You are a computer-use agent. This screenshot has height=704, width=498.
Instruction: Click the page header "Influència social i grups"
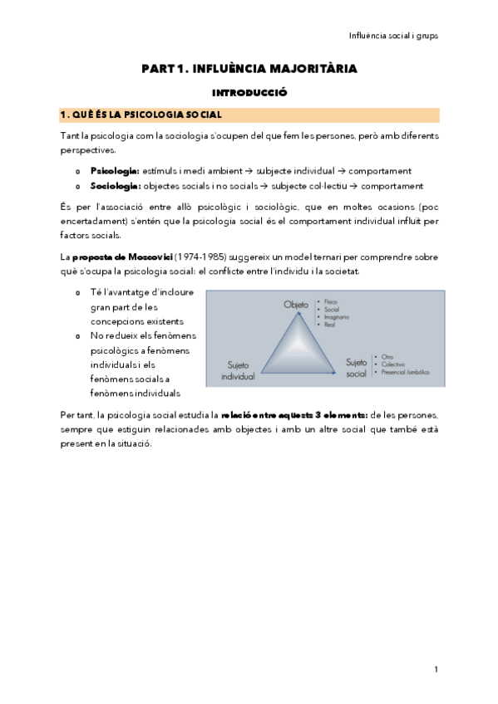392,37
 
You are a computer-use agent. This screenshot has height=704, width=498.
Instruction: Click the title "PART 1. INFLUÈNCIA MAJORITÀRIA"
249,69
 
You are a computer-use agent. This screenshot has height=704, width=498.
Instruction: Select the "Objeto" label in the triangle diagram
295,306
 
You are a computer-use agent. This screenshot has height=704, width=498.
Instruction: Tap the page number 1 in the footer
436,669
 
